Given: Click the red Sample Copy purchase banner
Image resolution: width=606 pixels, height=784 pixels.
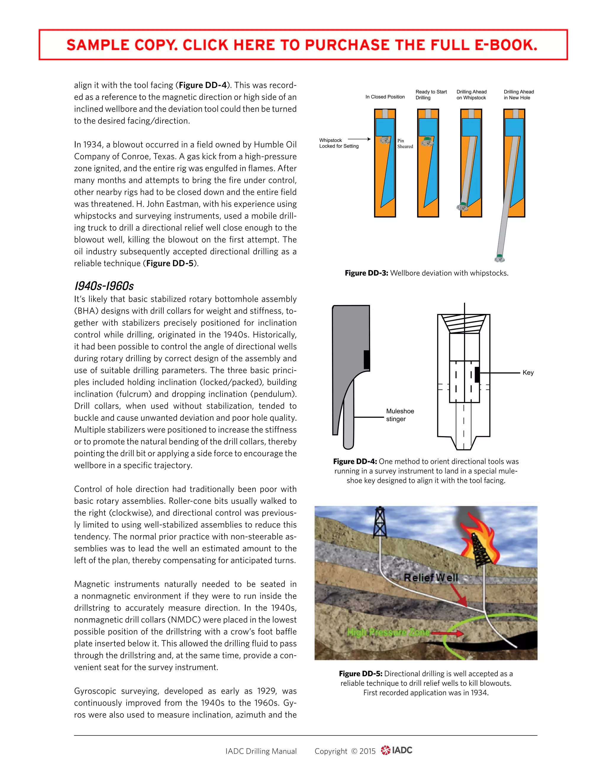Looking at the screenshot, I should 303,45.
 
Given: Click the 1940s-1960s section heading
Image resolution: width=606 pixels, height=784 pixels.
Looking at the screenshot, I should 104,286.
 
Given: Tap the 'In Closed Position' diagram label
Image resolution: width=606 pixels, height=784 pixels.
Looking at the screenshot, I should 385,97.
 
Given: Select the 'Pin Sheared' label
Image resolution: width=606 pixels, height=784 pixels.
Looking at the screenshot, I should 405,143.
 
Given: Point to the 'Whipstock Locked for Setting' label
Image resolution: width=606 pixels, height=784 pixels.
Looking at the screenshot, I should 339,143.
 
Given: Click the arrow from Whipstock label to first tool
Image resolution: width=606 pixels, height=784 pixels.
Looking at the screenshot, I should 359,139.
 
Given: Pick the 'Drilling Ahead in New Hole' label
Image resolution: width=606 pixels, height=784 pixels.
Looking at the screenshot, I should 518,95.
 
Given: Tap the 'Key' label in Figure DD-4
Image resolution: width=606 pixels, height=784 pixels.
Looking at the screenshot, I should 528,372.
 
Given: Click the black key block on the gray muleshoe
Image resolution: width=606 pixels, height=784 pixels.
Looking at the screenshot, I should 367,360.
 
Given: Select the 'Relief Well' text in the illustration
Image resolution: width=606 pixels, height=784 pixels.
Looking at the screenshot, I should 431,577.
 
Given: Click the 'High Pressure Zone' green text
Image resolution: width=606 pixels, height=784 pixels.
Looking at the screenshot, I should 388,632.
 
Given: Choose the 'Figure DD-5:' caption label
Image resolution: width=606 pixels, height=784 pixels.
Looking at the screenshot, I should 360,674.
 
